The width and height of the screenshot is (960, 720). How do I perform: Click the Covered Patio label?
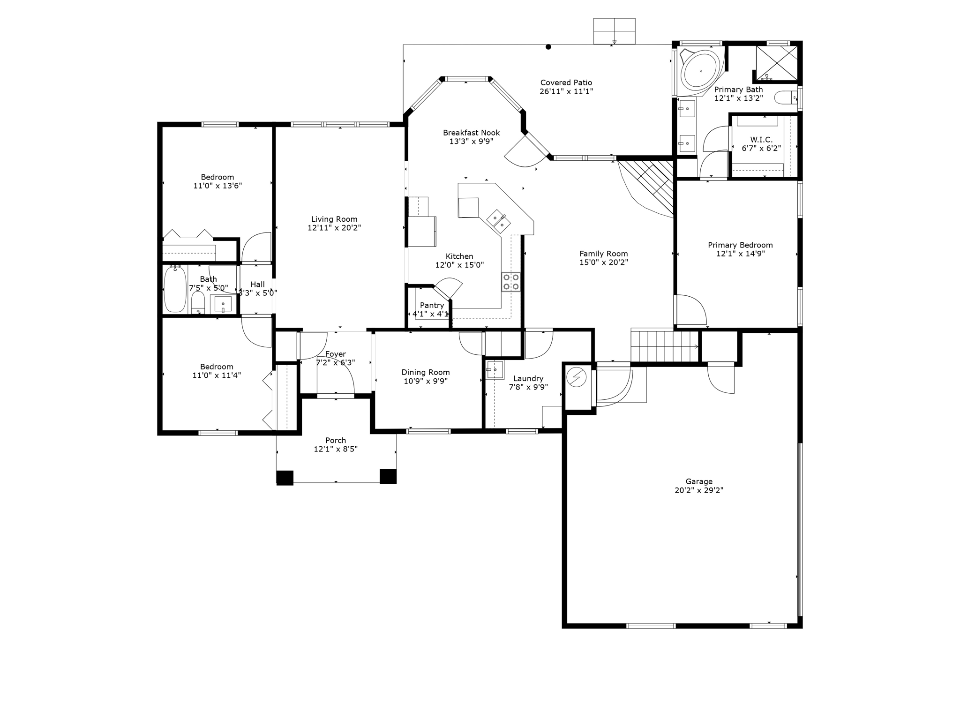coord(566,83)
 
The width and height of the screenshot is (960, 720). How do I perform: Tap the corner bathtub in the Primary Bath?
coord(701,72)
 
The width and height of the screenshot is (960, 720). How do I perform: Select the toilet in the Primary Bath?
coord(785,98)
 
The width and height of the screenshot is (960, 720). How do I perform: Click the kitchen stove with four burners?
coord(510,282)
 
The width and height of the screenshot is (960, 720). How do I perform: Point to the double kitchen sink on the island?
coord(498,222)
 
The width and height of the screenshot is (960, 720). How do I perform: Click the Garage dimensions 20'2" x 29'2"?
coord(698,490)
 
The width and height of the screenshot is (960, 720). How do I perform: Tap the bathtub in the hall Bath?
coord(175,289)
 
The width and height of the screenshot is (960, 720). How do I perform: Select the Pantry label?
coord(432,305)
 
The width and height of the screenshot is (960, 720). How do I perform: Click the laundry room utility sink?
coord(495,369)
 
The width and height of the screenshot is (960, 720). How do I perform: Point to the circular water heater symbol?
coord(577,377)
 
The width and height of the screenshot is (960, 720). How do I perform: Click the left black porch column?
coord(285,477)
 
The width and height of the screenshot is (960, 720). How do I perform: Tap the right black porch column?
coord(388,476)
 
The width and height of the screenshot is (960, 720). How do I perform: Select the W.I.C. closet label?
coord(761,140)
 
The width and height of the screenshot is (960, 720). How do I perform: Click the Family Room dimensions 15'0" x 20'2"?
coord(603,262)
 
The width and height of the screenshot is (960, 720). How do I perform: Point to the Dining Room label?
coord(425,372)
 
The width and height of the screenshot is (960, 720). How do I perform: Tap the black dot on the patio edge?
coord(548,47)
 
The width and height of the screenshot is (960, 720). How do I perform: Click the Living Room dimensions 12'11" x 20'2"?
coord(334,228)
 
